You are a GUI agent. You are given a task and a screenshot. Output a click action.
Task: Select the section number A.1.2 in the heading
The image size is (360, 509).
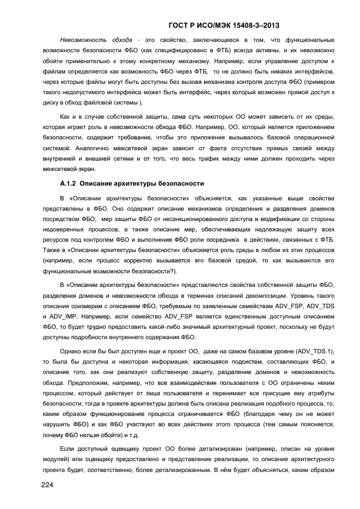pos(69,183)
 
